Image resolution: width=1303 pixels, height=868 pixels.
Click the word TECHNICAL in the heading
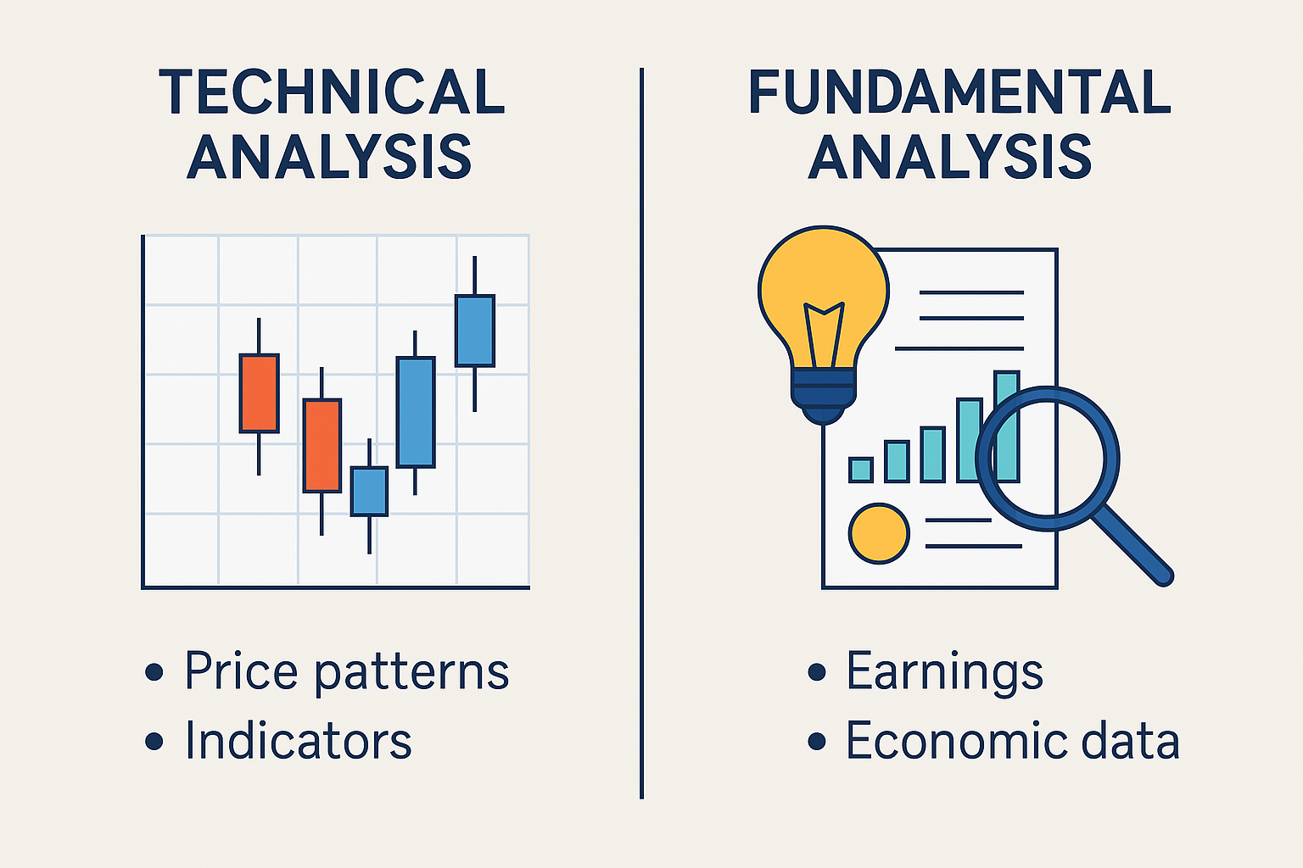[332, 92]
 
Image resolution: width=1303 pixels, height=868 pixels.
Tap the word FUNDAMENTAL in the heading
[959, 92]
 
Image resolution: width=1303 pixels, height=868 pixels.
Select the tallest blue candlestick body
[416, 412]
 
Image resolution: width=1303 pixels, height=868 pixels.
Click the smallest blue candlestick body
[369, 492]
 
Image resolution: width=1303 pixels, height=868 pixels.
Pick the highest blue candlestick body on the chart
[475, 331]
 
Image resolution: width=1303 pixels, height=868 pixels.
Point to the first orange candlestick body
[260, 393]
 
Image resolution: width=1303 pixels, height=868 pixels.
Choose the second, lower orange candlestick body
[322, 446]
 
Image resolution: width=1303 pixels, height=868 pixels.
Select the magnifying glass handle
[1132, 545]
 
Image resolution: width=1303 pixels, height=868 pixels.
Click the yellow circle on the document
[878, 533]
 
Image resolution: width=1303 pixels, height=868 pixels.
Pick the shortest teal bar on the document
[861, 470]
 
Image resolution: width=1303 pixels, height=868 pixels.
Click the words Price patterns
[347, 672]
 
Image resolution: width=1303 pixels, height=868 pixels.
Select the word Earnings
[945, 672]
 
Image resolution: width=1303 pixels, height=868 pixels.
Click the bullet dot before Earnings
[817, 672]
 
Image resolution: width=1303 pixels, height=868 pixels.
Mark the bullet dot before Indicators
[154, 741]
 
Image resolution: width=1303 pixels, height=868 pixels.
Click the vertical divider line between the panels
[641, 433]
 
